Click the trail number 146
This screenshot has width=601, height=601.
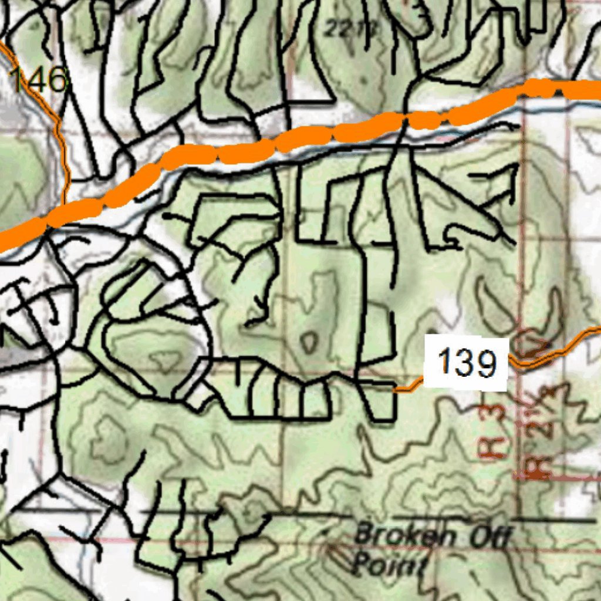coord(39,79)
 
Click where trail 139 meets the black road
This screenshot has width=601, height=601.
coord(395,389)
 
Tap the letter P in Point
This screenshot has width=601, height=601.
coord(362,565)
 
